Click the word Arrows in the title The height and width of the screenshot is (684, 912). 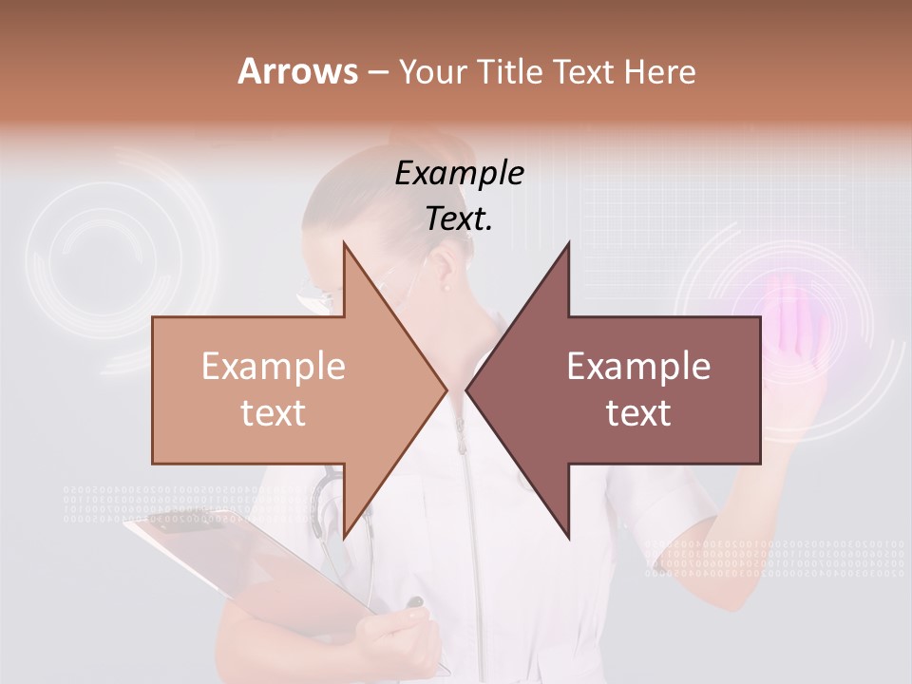(x=297, y=71)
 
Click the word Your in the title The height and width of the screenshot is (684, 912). (x=433, y=71)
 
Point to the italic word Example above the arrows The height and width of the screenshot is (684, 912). (x=459, y=174)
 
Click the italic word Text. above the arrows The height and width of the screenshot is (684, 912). (x=459, y=219)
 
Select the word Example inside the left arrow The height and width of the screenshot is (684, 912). (x=274, y=367)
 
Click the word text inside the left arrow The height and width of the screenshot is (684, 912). (x=274, y=413)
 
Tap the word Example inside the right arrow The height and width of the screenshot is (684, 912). (x=638, y=367)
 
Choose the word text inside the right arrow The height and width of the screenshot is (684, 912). (x=638, y=413)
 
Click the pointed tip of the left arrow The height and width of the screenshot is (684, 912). (x=446, y=390)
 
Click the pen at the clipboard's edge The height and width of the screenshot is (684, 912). (x=415, y=601)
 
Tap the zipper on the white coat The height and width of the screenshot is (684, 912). (x=461, y=475)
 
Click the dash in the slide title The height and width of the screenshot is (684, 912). (x=377, y=72)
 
